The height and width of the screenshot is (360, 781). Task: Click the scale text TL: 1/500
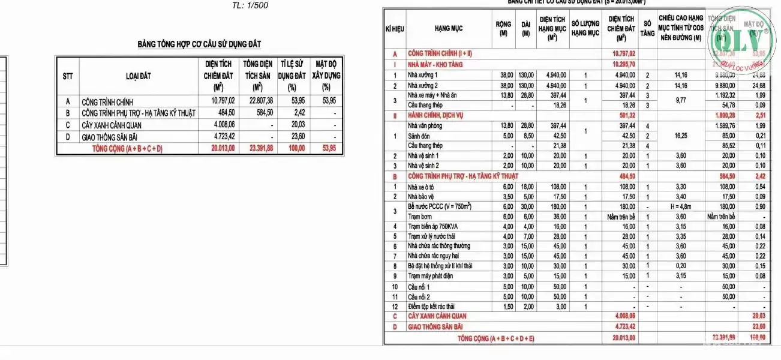click(x=250, y=6)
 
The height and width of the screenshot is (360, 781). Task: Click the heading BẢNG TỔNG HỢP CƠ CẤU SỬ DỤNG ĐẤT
click(x=199, y=44)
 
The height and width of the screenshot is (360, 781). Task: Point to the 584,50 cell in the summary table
click(x=262, y=113)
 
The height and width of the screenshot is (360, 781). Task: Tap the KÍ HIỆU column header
click(x=394, y=29)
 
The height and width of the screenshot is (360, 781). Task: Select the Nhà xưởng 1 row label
click(x=423, y=76)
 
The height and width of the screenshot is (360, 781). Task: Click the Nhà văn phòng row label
click(x=425, y=126)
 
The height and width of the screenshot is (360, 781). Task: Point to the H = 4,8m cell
click(x=680, y=206)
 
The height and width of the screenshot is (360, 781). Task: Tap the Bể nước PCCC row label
click(x=440, y=206)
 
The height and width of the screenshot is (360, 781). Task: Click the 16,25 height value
click(x=680, y=136)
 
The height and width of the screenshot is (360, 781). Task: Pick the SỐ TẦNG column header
click(x=647, y=29)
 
